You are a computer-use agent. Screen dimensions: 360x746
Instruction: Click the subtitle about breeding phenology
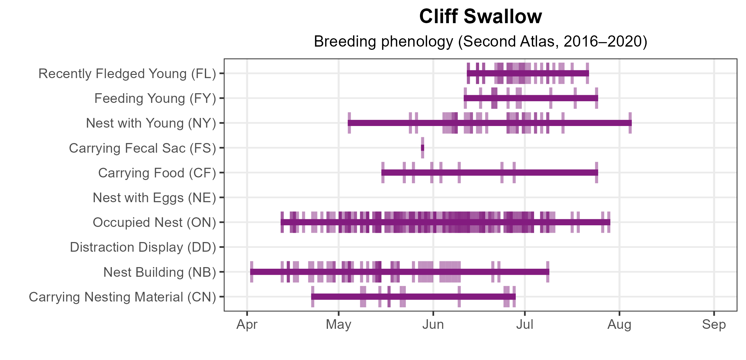[x=480, y=41]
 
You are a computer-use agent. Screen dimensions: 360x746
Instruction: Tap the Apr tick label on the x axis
[x=247, y=325]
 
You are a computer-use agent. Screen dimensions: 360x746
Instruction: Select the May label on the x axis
[x=338, y=325]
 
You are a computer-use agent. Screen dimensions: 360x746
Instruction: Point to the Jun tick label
[x=433, y=325]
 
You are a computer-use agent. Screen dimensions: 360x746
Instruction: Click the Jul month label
[x=524, y=325]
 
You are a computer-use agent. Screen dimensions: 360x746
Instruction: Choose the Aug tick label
[x=619, y=325]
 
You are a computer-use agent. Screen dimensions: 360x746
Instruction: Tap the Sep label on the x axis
[x=714, y=325]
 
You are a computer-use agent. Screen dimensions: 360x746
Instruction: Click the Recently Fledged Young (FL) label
[x=127, y=74]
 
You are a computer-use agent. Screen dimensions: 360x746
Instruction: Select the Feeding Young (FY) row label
[x=155, y=98]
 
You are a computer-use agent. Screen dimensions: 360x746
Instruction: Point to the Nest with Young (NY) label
[x=151, y=123]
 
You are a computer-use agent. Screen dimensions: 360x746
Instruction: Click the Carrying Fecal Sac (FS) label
[x=142, y=148]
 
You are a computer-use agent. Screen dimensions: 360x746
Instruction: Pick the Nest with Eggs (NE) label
[x=154, y=198]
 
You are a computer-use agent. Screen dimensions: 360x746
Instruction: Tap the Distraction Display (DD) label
[x=143, y=247]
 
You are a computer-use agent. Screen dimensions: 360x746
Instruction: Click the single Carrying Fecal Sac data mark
[x=423, y=148]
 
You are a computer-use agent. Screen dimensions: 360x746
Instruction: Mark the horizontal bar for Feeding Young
[x=531, y=98]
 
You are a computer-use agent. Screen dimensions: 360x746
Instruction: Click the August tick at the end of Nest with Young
[x=630, y=123]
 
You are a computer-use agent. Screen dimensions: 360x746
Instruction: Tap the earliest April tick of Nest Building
[x=252, y=272]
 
